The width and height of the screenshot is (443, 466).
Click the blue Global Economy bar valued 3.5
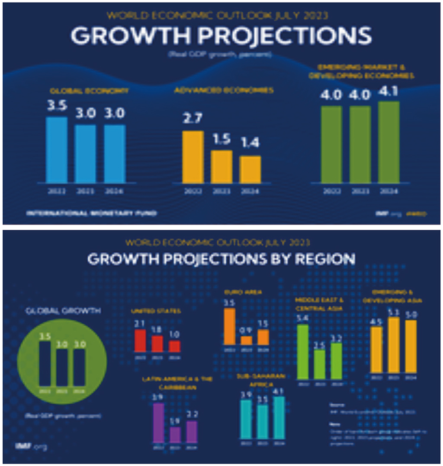(56, 149)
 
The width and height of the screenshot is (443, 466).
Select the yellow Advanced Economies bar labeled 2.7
(193, 157)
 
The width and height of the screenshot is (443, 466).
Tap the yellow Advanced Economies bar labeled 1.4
(250, 169)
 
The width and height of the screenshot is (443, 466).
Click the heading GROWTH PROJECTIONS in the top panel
(221, 36)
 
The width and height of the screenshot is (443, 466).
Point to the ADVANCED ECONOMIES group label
(224, 90)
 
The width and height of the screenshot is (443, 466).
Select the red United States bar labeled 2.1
(140, 341)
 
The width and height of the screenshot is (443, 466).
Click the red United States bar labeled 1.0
(174, 347)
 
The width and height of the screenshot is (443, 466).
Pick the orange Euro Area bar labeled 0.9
(246, 340)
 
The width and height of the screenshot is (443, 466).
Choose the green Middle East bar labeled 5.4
(303, 351)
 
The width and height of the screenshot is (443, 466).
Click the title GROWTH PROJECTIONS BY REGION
(221, 259)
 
